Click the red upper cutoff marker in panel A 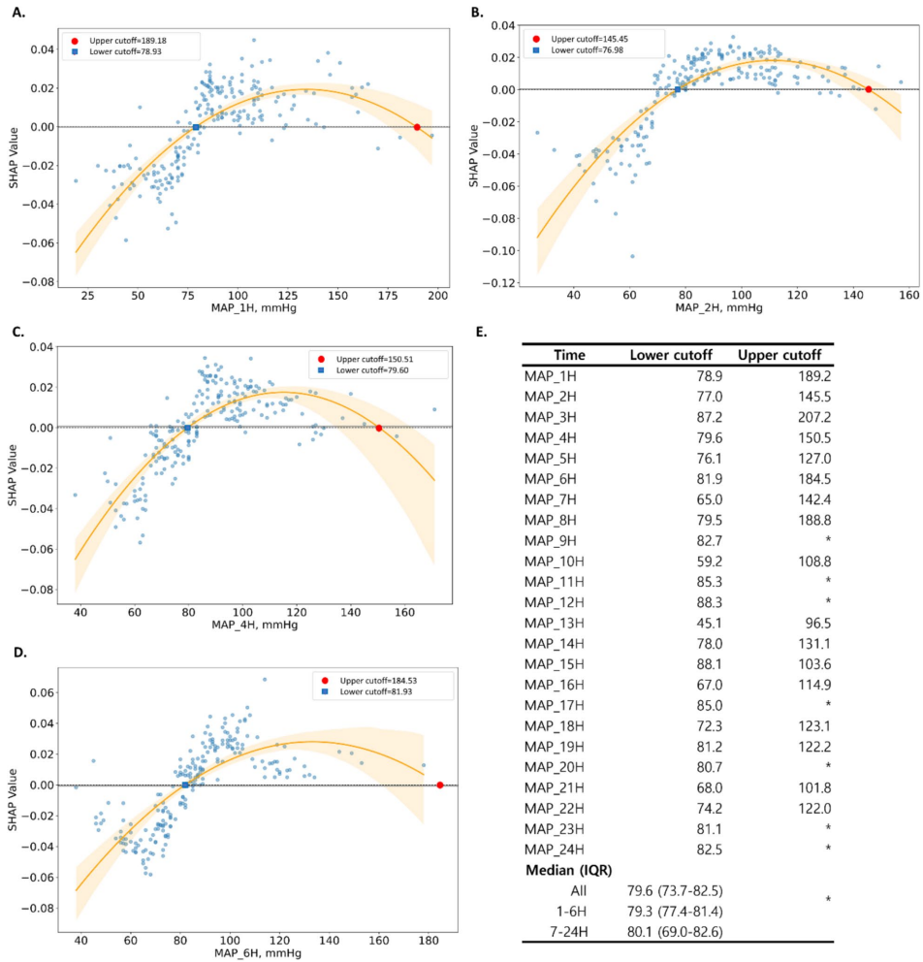(417, 127)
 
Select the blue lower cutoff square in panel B (678, 89)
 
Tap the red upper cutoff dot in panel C (378, 428)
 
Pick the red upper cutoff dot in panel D (440, 785)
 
